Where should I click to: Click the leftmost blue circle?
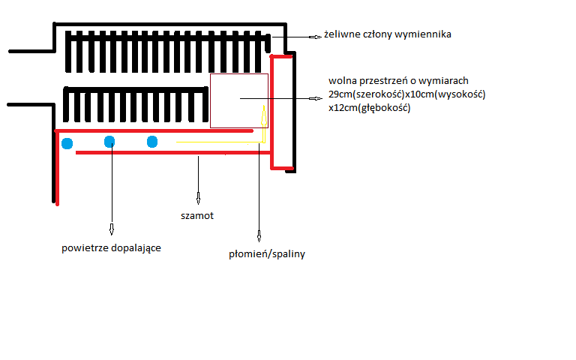[x=67, y=142]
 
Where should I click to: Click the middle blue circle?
[x=109, y=141]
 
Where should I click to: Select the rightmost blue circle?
[x=152, y=141]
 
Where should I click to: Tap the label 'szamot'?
[x=199, y=214]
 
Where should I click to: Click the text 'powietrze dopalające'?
[x=111, y=247]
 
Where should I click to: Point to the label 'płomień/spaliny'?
[x=266, y=254]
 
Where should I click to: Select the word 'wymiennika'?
[x=426, y=34]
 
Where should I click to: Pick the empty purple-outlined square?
[x=238, y=100]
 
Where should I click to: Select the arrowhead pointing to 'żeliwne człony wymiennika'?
[x=316, y=35]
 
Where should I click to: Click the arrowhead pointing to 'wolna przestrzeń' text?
[x=314, y=98]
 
